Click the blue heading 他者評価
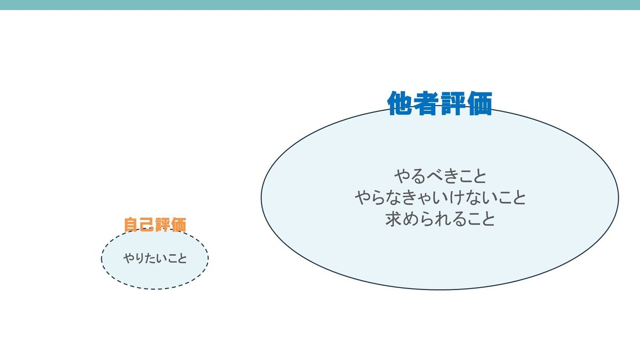[x=439, y=103]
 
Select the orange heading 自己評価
[x=155, y=225]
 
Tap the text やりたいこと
[x=155, y=259]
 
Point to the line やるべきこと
[x=440, y=175]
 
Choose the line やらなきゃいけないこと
[x=440, y=198]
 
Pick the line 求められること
[x=440, y=220]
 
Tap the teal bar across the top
[x=320, y=5]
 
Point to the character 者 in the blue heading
[x=427, y=103]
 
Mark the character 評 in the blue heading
[x=453, y=103]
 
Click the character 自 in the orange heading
[x=131, y=225]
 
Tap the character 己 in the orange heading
[x=147, y=225]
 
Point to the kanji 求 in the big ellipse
[x=394, y=220]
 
